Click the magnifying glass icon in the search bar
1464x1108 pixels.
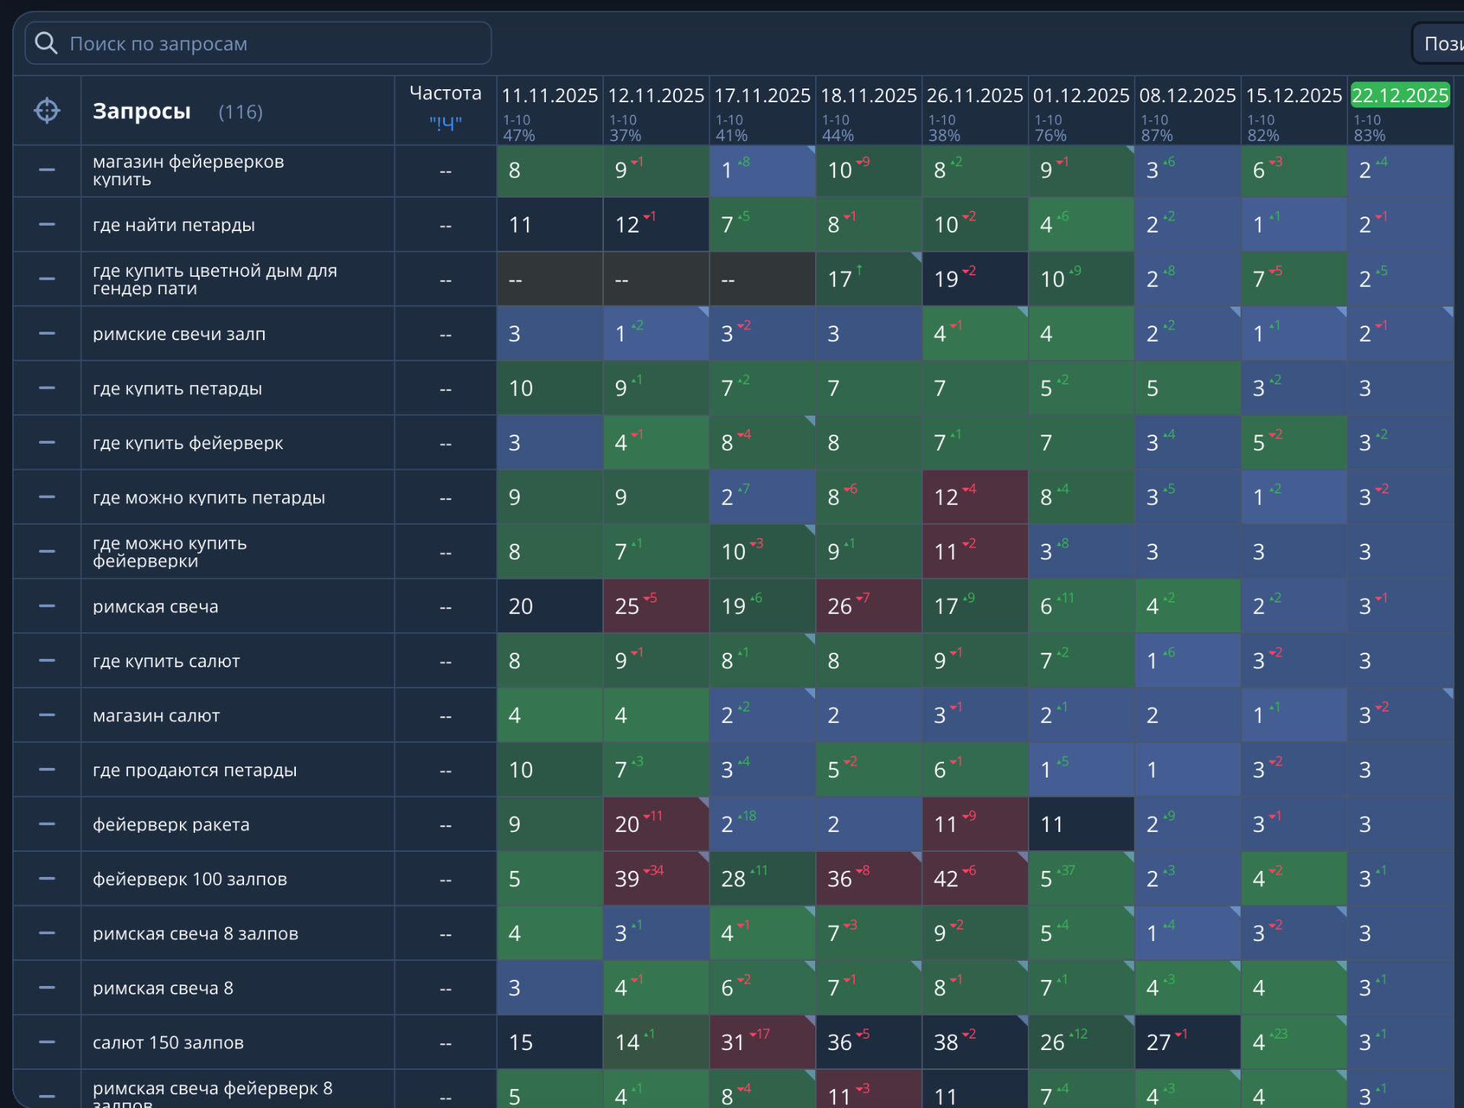click(47, 43)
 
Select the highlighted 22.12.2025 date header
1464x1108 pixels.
click(1399, 95)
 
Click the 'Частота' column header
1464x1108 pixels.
click(445, 93)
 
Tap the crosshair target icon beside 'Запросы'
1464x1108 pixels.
click(47, 111)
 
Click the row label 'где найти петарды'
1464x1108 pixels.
click(174, 225)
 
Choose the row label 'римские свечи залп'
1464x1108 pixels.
click(179, 334)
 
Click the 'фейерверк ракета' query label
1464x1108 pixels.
click(172, 824)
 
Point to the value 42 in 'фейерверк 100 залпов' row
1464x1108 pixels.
click(946, 879)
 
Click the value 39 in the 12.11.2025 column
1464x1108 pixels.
click(628, 879)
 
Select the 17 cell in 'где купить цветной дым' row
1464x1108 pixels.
click(840, 279)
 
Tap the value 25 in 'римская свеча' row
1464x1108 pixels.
click(628, 606)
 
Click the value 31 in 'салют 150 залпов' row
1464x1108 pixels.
click(733, 1042)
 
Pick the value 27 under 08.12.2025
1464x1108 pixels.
click(1159, 1042)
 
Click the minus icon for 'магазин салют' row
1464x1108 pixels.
click(47, 715)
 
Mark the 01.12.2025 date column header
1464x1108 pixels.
click(1080, 95)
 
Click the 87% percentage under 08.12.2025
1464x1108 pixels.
click(1157, 136)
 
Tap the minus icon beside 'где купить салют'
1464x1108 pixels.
click(47, 660)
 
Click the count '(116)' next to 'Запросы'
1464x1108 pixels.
click(240, 112)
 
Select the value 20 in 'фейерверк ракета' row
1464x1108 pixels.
click(628, 824)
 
